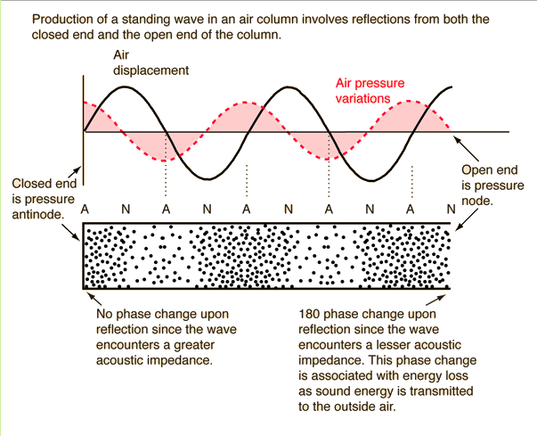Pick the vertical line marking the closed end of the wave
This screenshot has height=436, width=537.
(84, 134)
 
